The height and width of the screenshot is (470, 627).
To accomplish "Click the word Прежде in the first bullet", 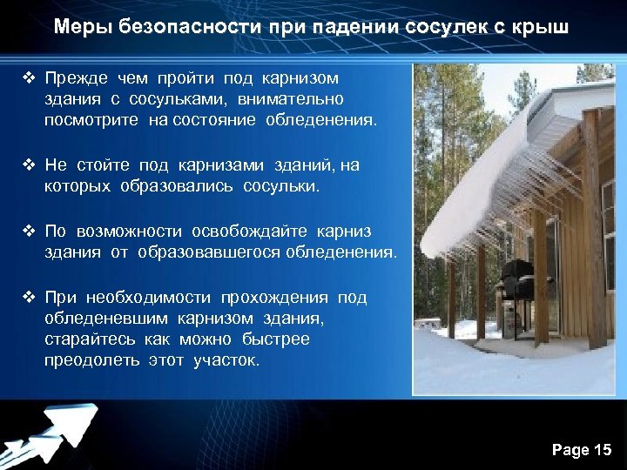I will coord(76,79).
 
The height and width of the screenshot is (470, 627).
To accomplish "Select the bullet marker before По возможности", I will coord(28,232).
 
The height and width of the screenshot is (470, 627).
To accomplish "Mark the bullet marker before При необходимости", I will coord(28,298).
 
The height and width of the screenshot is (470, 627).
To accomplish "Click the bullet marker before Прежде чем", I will coord(28,79).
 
